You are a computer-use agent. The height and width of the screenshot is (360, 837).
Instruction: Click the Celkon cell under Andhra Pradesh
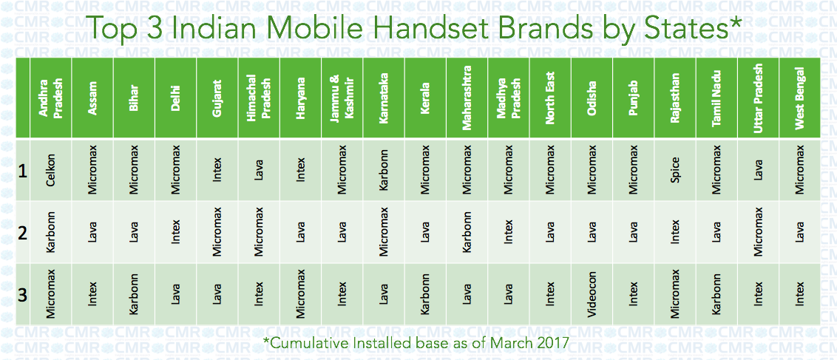click(51, 170)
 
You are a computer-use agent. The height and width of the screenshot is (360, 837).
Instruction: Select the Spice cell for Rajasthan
click(675, 170)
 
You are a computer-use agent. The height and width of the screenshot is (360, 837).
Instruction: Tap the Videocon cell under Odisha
click(592, 294)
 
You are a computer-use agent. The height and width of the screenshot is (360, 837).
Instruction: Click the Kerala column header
click(425, 98)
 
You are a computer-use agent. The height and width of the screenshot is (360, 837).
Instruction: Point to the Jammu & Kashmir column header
click(342, 98)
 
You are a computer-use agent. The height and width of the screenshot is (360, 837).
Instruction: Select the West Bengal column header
click(799, 98)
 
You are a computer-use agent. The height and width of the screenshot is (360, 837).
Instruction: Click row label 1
click(22, 171)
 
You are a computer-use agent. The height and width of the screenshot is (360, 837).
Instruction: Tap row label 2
click(22, 233)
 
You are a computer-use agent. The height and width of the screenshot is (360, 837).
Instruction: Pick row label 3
click(22, 295)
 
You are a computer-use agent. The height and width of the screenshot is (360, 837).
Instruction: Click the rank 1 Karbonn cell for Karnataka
click(383, 170)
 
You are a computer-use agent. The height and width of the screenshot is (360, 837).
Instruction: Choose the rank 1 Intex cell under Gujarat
click(217, 170)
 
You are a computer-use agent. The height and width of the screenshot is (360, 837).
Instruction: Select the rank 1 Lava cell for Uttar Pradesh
click(758, 170)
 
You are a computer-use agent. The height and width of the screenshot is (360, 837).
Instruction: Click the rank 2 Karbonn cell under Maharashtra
click(467, 232)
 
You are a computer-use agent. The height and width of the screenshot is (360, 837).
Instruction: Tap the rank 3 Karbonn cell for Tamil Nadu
click(716, 294)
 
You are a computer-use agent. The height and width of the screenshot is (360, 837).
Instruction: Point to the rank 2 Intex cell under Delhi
click(175, 232)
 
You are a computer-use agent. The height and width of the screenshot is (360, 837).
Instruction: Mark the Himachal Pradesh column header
click(258, 98)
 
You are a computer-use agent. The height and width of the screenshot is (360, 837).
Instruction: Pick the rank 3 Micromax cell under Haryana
click(300, 294)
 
